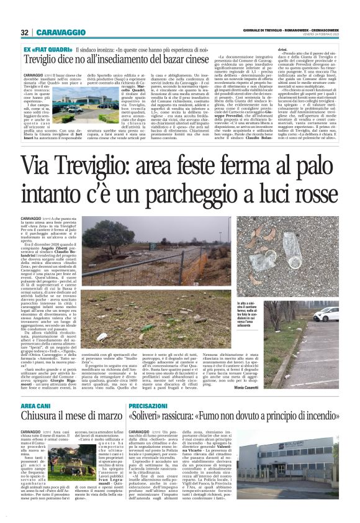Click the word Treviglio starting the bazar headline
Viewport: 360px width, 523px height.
[42, 60]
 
